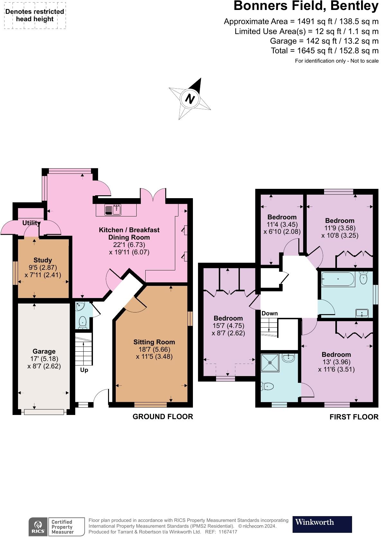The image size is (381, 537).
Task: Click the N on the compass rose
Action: pyautogui.click(x=190, y=99)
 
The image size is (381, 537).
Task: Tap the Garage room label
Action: pyautogui.click(x=44, y=351)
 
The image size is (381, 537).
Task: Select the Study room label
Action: pyautogui.click(x=43, y=260)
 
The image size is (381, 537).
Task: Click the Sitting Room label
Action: pyautogui.click(x=154, y=342)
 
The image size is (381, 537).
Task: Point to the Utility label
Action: pyautogui.click(x=32, y=223)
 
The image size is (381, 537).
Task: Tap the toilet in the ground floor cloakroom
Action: pyautogui.click(x=83, y=322)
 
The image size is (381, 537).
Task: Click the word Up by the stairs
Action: pyautogui.click(x=84, y=370)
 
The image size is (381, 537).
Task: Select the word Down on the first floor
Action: pyautogui.click(x=269, y=313)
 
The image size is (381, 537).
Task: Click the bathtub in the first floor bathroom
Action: pyautogui.click(x=338, y=279)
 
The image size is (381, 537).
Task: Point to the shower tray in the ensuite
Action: pyautogui.click(x=270, y=363)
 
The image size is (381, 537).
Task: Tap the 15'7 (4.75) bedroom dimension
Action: pyautogui.click(x=228, y=326)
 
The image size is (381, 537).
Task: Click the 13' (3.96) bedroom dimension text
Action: pyautogui.click(x=336, y=362)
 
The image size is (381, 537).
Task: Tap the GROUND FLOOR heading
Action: pyautogui.click(x=163, y=417)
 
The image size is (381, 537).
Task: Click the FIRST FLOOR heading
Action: pyautogui.click(x=354, y=417)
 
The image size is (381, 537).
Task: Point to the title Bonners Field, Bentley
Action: pyautogui.click(x=306, y=6)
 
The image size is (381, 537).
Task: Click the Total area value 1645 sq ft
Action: pyautogui.click(x=315, y=50)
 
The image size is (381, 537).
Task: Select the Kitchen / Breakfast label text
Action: pyautogui.click(x=129, y=230)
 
